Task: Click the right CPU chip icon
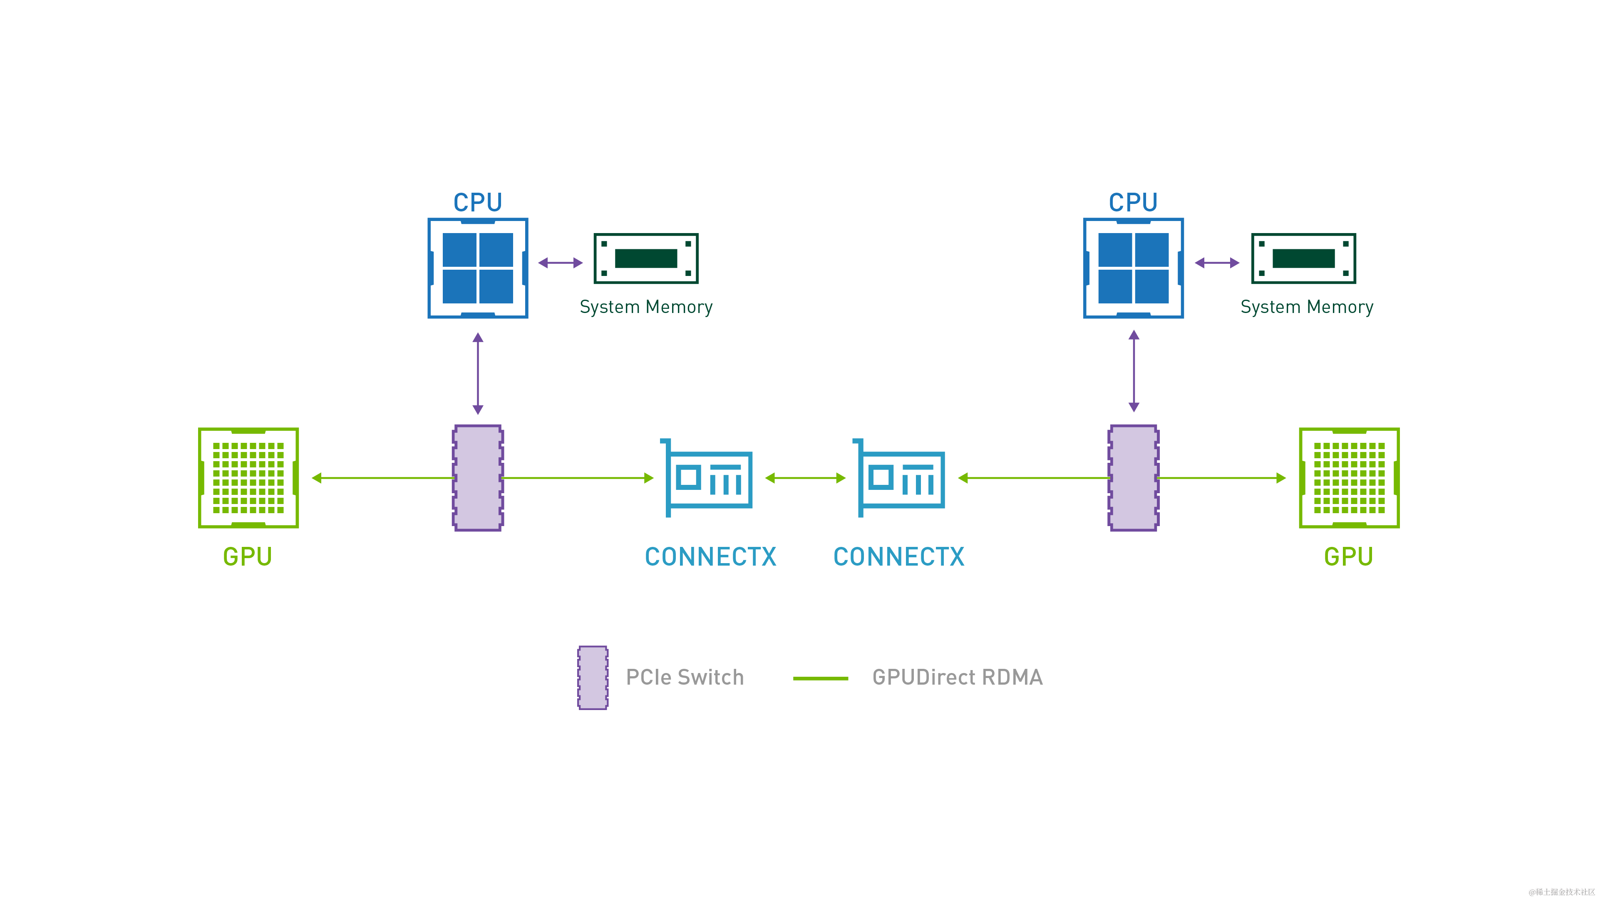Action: tap(1133, 268)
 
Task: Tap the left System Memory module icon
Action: tap(646, 259)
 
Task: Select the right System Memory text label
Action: tap(1306, 307)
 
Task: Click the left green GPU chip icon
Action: tap(248, 478)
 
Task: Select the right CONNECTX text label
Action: tap(898, 556)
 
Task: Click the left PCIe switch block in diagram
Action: tap(478, 478)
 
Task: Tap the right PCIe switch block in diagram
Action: tap(1133, 478)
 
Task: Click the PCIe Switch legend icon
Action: tap(593, 678)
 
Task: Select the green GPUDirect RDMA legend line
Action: tap(820, 678)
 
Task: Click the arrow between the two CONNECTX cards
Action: tap(805, 478)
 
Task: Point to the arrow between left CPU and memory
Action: tap(560, 263)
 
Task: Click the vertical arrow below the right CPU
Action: tap(1133, 371)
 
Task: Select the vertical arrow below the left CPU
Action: tap(478, 373)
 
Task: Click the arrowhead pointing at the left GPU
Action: tap(316, 478)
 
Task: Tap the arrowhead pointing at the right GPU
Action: tap(1280, 478)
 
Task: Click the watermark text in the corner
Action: tap(1560, 891)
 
